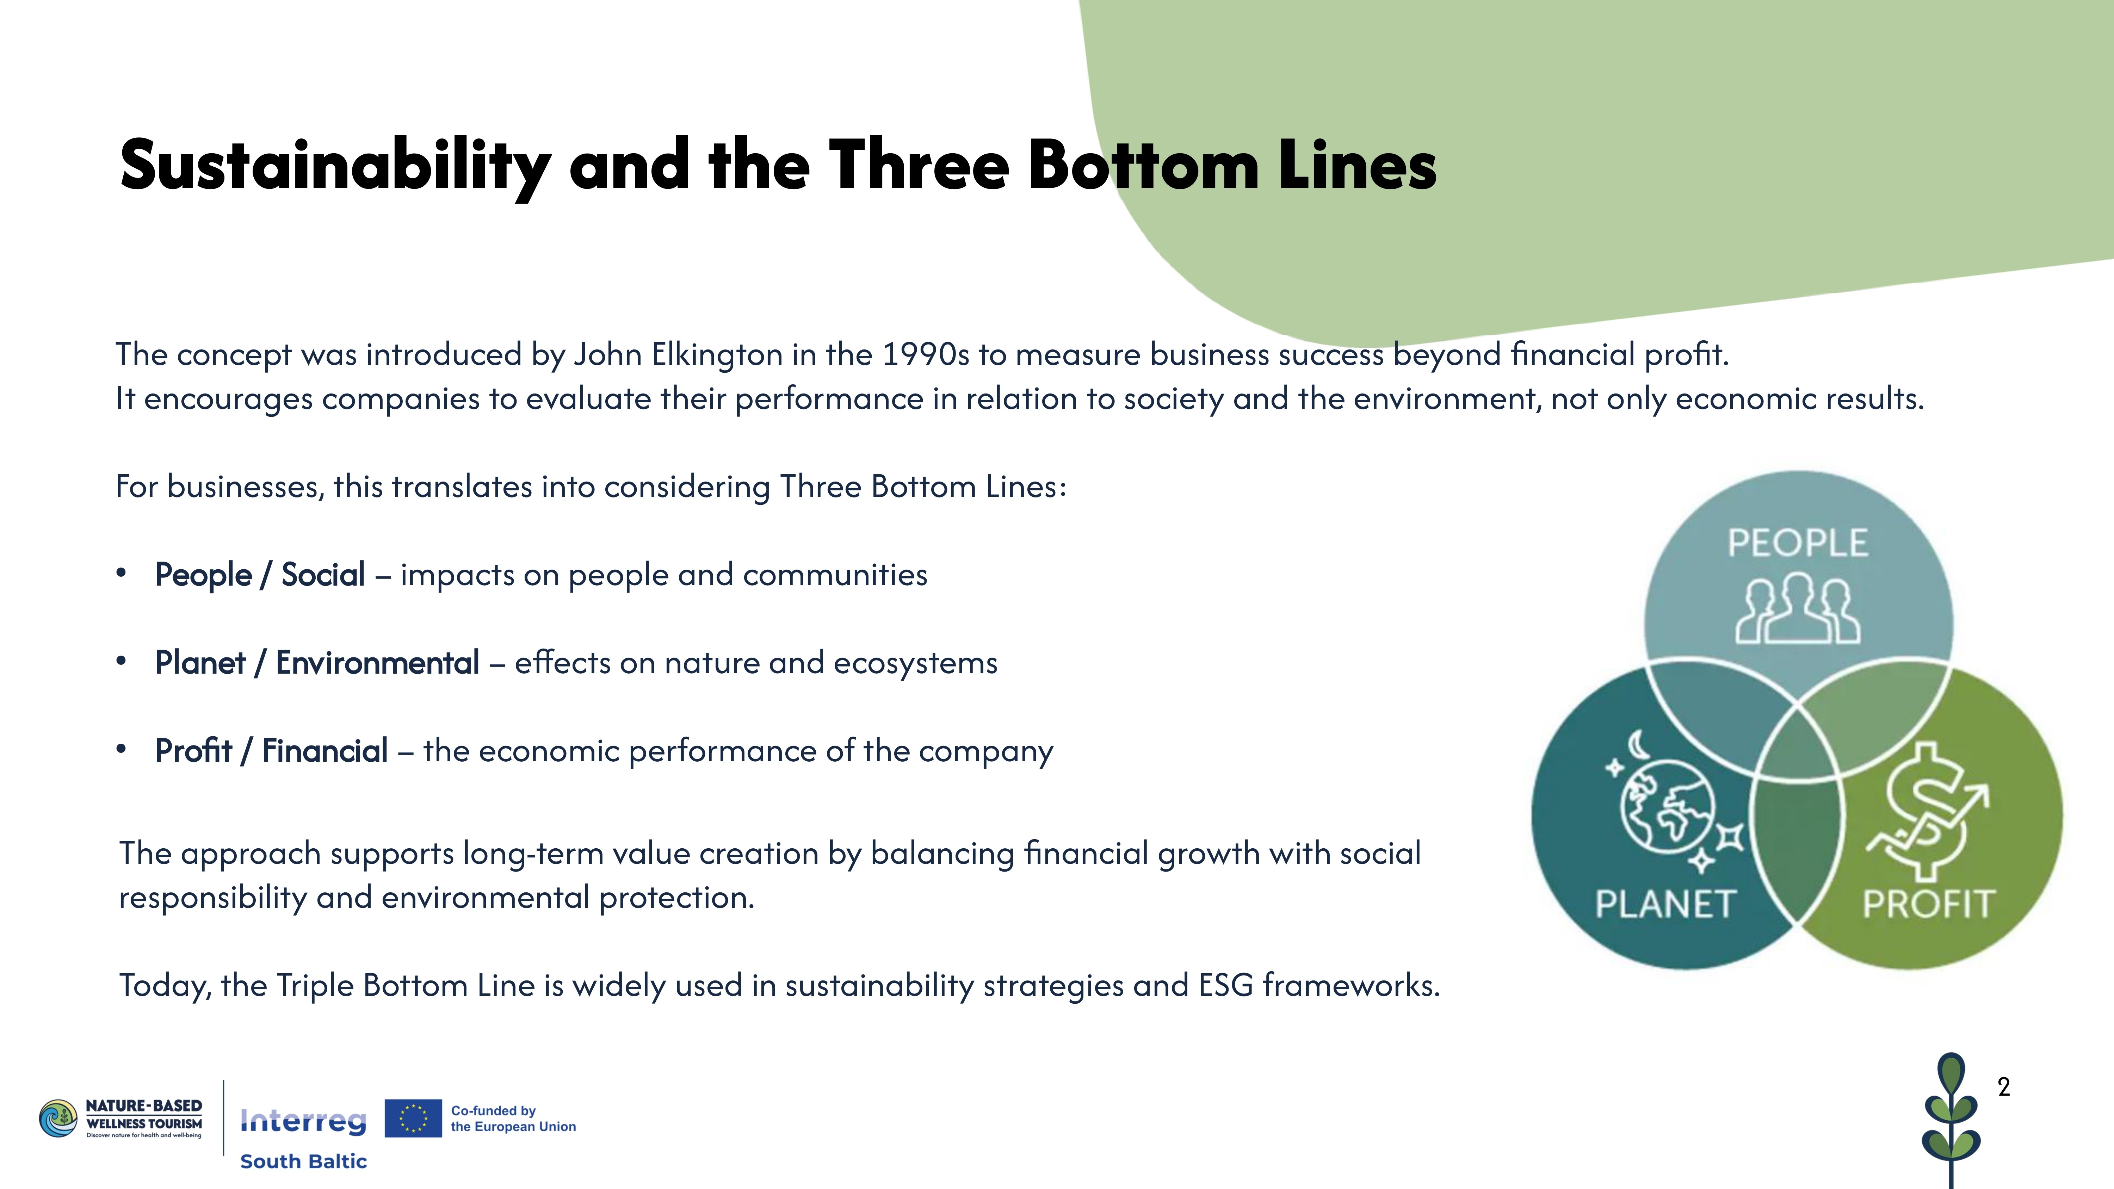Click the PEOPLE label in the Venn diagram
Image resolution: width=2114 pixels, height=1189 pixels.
click(x=1797, y=543)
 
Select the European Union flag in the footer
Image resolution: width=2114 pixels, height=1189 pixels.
click(x=413, y=1119)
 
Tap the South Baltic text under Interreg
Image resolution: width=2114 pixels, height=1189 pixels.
click(x=303, y=1161)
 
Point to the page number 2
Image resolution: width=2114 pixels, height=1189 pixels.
click(x=2004, y=1087)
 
